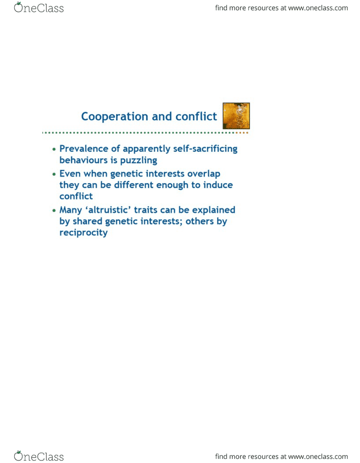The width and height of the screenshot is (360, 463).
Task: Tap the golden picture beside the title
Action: (236, 116)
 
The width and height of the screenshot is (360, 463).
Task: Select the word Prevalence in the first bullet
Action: (84, 148)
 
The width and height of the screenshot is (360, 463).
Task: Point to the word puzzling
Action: (138, 160)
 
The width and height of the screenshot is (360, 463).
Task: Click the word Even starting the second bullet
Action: (70, 174)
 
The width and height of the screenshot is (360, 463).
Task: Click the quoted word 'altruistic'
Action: (108, 210)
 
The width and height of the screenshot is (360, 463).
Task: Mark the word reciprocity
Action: (84, 233)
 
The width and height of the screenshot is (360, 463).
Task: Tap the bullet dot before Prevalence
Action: (54, 149)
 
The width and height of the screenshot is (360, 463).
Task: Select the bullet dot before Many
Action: (54, 211)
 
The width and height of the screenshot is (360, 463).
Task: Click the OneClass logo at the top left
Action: (39, 8)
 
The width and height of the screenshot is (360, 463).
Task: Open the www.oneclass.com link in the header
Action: (318, 8)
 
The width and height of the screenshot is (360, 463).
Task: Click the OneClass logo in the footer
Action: (39, 456)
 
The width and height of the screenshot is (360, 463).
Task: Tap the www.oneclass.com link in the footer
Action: (318, 457)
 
